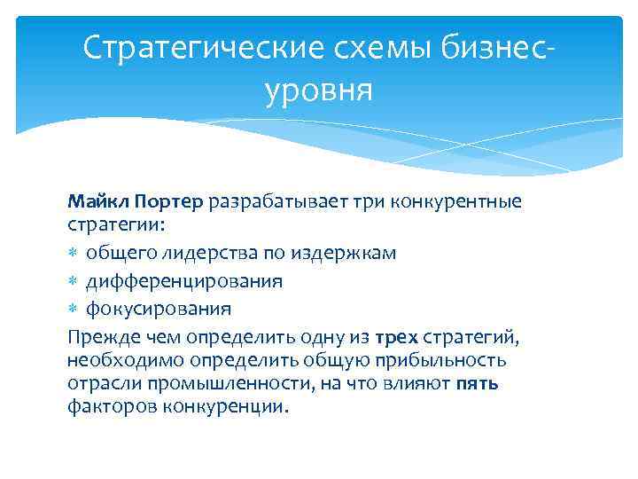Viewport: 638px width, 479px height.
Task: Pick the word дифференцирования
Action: coord(184,281)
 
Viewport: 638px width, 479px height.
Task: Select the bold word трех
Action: coord(396,337)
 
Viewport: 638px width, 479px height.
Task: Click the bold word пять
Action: coord(478,383)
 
